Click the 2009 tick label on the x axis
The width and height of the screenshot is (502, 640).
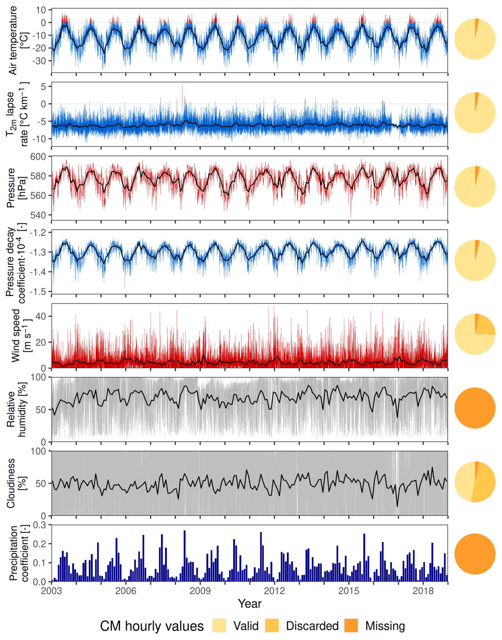click(200, 591)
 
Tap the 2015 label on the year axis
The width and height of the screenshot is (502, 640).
click(349, 591)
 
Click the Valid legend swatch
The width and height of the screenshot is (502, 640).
click(219, 626)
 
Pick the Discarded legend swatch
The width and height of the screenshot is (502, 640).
click(272, 626)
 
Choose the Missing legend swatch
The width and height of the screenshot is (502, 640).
click(351, 626)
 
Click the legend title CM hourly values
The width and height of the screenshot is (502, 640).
click(152, 626)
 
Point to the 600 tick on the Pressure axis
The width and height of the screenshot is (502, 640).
click(38, 157)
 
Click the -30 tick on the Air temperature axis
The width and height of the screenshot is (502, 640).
click(39, 61)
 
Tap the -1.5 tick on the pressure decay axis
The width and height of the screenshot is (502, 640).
click(38, 292)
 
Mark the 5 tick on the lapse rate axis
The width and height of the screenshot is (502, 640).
click(43, 87)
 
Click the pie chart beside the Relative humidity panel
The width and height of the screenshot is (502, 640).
click(475, 408)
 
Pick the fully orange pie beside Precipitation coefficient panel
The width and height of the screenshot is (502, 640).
click(475, 554)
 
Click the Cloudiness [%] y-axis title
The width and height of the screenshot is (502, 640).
click(16, 483)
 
